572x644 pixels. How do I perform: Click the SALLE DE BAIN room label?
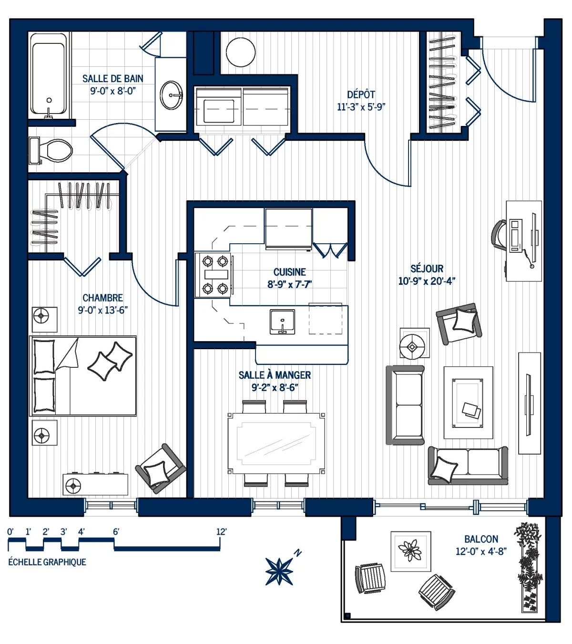pyautogui.click(x=112, y=79)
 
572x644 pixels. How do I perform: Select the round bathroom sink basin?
pyautogui.click(x=171, y=95)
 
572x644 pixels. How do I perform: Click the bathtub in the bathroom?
pyautogui.click(x=48, y=75)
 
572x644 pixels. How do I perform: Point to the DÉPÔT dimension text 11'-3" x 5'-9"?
pyautogui.click(x=361, y=107)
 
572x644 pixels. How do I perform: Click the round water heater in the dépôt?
pyautogui.click(x=241, y=52)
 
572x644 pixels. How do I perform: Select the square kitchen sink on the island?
pyautogui.click(x=282, y=322)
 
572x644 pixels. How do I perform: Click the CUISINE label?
pyautogui.click(x=289, y=272)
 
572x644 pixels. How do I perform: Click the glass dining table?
pyautogui.click(x=276, y=444)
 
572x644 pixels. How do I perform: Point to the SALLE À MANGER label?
pyautogui.click(x=275, y=375)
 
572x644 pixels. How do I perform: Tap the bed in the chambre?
pyautogui.click(x=83, y=376)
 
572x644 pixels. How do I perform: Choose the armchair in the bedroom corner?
pyautogui.click(x=160, y=468)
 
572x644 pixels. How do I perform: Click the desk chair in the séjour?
pyautogui.click(x=499, y=234)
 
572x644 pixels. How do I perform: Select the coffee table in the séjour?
pyautogui.click(x=468, y=402)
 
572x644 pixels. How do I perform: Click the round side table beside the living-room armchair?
pyautogui.click(x=413, y=343)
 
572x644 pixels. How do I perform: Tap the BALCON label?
pyautogui.click(x=481, y=539)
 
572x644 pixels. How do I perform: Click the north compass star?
pyautogui.click(x=279, y=571)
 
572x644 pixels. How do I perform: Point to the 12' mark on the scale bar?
pyautogui.click(x=221, y=531)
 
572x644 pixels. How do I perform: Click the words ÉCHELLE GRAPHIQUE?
pyautogui.click(x=47, y=562)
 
